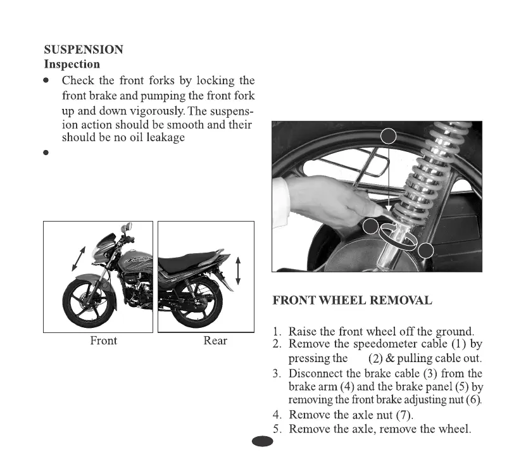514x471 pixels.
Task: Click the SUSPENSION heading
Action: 84,49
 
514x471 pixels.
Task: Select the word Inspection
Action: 72,64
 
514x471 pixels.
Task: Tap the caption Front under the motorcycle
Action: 103,341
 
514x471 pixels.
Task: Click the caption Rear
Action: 215,341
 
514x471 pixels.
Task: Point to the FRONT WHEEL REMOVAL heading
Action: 352,300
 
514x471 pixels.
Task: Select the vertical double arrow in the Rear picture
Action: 238,271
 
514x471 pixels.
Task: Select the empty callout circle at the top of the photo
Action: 388,136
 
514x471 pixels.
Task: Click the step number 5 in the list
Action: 277,430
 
